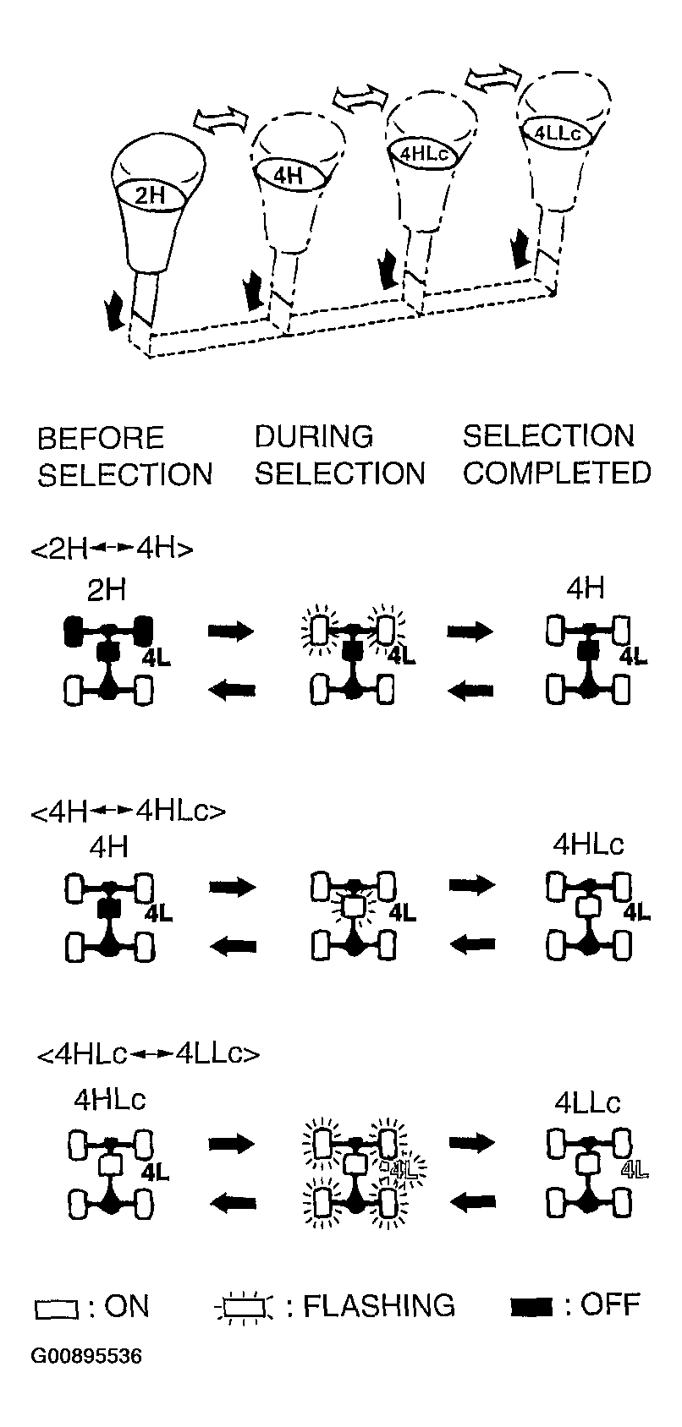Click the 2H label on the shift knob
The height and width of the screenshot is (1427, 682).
(x=151, y=195)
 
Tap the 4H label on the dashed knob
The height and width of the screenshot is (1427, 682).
(x=288, y=174)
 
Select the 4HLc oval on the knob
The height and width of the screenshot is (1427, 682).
(x=423, y=154)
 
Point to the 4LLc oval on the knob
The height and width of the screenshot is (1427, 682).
(x=558, y=133)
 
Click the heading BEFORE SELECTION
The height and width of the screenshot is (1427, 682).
(x=125, y=457)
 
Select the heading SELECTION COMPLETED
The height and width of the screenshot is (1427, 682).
(x=557, y=454)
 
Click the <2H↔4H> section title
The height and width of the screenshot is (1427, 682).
(x=113, y=549)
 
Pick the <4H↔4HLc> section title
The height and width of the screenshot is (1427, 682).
(x=128, y=812)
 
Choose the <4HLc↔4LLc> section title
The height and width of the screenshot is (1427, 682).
(x=149, y=1054)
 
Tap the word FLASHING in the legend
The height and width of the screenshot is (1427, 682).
(x=378, y=1306)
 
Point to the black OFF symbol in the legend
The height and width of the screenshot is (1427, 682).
(x=531, y=1308)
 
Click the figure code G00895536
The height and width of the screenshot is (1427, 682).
(x=86, y=1355)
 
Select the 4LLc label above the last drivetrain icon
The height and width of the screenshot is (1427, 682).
(x=587, y=1102)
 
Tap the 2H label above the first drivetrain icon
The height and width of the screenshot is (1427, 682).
(x=107, y=591)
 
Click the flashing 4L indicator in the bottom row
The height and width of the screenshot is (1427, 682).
(x=402, y=1168)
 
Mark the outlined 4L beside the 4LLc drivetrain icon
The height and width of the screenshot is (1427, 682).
(x=635, y=1170)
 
